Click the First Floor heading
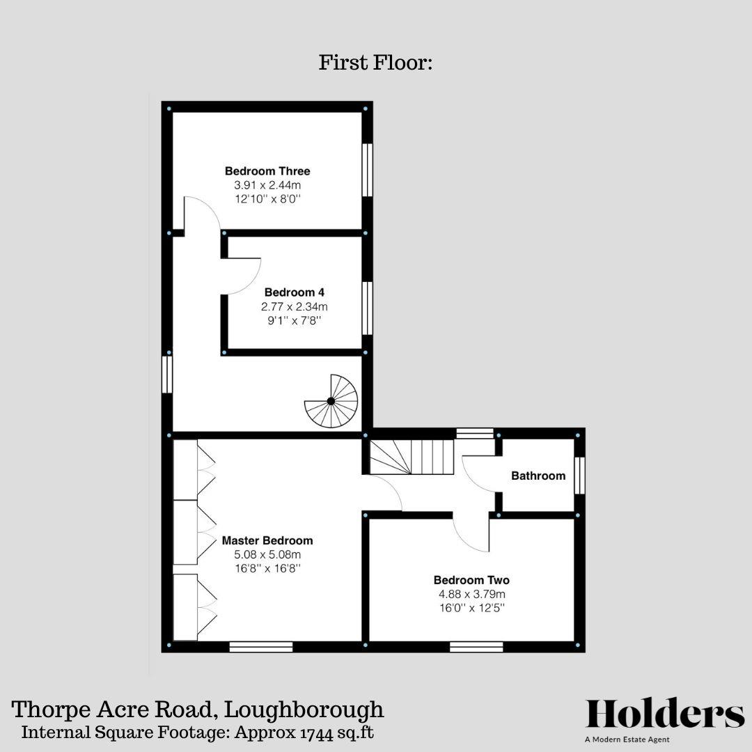376,63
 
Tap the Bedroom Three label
267,171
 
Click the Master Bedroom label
267,540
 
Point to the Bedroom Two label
471,580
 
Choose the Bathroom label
538,476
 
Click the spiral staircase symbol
332,401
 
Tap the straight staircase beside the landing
412,457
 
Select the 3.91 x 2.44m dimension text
267,186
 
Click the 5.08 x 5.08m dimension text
267,555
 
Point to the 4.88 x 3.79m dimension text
471,595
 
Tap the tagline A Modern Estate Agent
627,739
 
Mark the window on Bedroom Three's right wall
368,170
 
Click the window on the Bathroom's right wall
580,476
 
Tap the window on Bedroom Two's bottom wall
476,647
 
